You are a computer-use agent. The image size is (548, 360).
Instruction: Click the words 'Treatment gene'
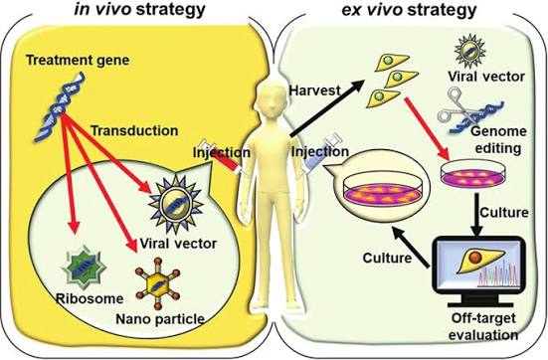click(78, 60)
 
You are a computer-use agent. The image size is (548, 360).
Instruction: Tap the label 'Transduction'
click(134, 130)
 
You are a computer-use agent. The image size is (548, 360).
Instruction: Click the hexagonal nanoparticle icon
click(157, 283)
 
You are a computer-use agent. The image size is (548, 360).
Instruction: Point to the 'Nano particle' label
click(160, 319)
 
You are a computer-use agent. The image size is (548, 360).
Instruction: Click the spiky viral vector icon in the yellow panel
click(176, 204)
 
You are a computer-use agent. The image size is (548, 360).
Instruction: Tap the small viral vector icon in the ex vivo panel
click(470, 51)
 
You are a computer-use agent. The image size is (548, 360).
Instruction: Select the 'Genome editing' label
click(498, 140)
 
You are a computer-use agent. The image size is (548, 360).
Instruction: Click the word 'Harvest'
click(314, 90)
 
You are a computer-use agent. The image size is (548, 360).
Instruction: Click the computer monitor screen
click(478, 265)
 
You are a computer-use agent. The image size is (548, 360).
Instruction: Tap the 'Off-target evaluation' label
click(483, 326)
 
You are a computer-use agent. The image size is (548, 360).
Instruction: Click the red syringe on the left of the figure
click(220, 157)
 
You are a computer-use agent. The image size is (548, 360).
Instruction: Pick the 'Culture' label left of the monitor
click(387, 258)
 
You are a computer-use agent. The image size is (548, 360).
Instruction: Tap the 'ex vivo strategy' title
click(409, 10)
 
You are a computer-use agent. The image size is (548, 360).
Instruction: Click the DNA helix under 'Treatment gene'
click(60, 106)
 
